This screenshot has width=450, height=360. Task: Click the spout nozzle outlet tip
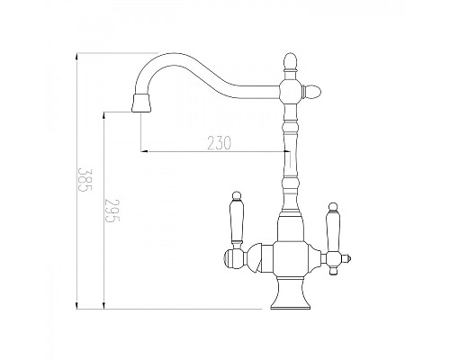(139, 105)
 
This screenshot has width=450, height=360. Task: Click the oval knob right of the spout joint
(315, 90)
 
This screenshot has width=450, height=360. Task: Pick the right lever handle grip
(331, 229)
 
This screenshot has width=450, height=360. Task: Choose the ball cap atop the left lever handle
(238, 195)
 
